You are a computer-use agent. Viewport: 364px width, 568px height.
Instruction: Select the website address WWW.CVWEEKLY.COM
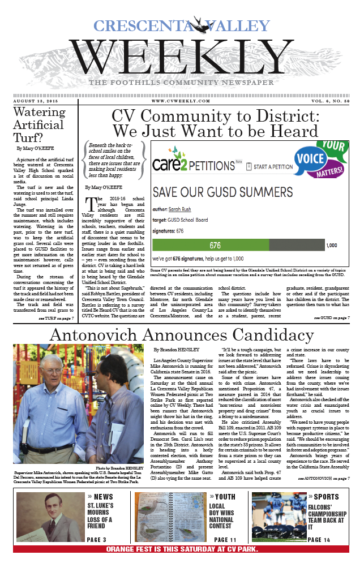[182, 100]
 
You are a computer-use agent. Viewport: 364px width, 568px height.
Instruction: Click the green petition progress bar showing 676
[238, 230]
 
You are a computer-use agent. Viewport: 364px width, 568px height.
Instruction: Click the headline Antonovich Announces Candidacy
[182, 335]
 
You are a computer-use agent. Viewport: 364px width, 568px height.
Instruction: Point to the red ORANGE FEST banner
[182, 549]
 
